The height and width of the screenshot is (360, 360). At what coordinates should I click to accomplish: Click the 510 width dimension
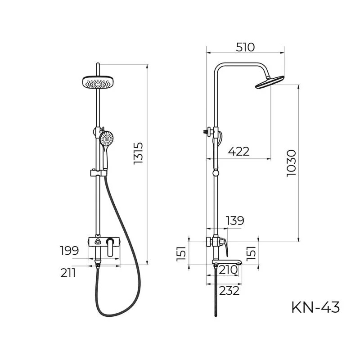click(245, 47)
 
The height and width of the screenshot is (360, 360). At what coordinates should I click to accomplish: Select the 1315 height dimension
click(138, 153)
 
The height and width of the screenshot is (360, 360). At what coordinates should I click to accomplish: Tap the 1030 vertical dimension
click(292, 163)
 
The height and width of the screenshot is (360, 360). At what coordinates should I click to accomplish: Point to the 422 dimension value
click(238, 151)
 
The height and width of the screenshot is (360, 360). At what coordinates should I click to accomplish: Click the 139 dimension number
click(234, 220)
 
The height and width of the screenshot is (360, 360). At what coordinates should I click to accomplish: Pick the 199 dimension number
click(69, 251)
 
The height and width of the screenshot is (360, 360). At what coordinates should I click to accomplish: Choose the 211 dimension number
click(68, 273)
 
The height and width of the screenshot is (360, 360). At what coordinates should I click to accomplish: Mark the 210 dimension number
click(228, 270)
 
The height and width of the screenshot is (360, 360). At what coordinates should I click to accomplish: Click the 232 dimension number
click(229, 291)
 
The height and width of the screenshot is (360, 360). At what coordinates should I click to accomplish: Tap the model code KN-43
click(315, 307)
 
